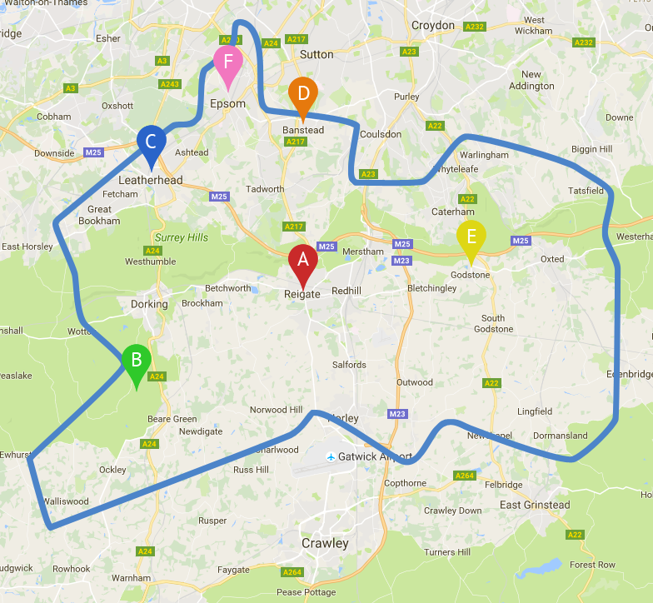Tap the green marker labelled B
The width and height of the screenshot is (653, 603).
point(137,362)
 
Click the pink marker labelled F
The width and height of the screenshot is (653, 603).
point(227,62)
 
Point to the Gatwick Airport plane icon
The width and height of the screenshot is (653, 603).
point(331,456)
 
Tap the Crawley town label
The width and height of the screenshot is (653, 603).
point(325,543)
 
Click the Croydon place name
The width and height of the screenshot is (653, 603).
point(433,25)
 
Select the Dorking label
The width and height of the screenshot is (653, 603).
point(149,304)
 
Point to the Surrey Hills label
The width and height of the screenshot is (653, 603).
point(181,237)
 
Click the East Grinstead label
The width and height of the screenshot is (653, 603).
point(535,505)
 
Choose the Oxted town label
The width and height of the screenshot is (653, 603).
point(552,259)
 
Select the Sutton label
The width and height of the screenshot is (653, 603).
point(317,54)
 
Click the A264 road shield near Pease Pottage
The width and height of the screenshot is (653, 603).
point(292,572)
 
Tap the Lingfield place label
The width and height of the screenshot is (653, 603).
point(535,411)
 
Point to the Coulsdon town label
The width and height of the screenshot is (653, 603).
point(381,134)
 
